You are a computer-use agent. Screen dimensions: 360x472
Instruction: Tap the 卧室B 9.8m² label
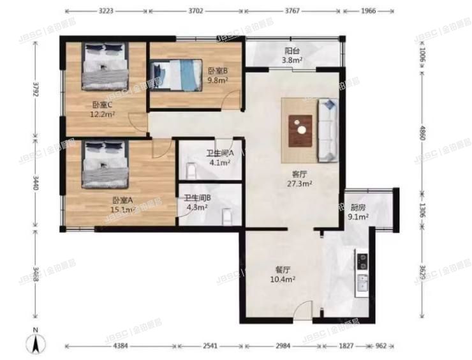[x=217, y=75]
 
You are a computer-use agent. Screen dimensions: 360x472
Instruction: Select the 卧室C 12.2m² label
[x=103, y=110]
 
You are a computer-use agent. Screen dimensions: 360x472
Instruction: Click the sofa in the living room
[x=327, y=130]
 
